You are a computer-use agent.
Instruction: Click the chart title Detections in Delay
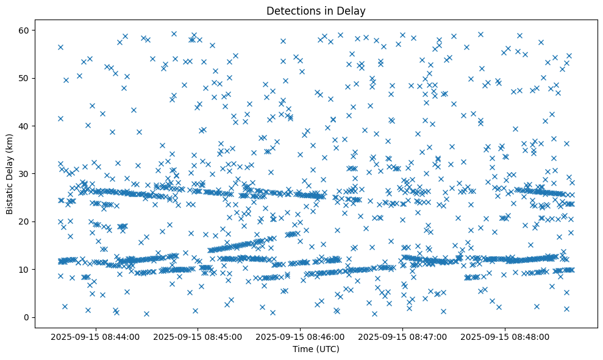coord(316,10)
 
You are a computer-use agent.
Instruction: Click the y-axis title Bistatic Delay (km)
coord(10,174)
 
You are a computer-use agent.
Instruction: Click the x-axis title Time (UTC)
coord(316,349)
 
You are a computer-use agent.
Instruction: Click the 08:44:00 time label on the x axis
coord(96,336)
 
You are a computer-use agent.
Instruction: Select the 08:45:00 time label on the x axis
coord(198,336)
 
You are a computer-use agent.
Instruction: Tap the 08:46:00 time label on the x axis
coord(301,336)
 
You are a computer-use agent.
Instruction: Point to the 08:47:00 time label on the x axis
coord(402,336)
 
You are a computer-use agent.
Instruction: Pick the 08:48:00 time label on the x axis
coord(505,336)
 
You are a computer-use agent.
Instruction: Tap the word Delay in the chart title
coord(353,10)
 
